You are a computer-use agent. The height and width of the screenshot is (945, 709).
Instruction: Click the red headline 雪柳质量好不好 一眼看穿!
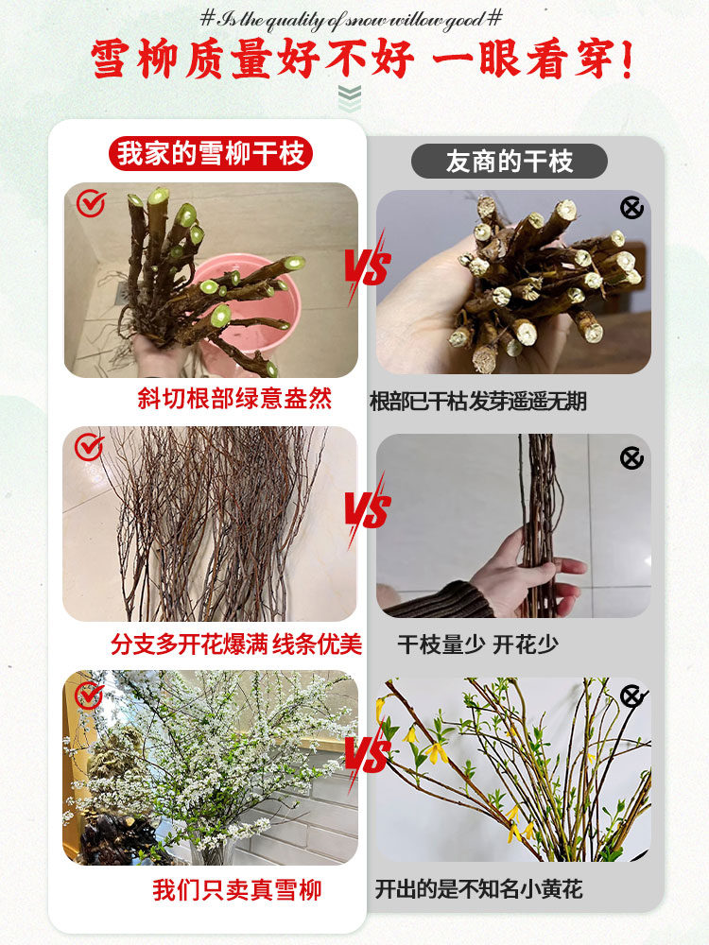click(362, 59)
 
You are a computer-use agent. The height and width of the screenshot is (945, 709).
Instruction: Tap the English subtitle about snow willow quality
click(351, 18)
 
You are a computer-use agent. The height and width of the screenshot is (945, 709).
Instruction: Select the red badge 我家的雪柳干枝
click(210, 153)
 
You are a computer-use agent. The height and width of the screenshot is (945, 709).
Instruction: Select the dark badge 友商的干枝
click(509, 162)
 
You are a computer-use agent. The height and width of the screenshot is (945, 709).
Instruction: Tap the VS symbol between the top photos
click(367, 267)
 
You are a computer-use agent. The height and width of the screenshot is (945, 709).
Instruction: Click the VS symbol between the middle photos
click(367, 511)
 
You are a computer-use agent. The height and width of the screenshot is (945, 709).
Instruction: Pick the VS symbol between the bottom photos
click(367, 755)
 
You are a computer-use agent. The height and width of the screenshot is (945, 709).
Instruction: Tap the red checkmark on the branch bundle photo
click(89, 446)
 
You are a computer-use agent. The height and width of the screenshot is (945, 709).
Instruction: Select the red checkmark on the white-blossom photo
click(89, 695)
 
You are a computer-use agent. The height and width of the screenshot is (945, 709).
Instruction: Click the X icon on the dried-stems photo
click(631, 207)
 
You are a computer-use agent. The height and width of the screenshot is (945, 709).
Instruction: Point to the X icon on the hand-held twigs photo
click(631, 458)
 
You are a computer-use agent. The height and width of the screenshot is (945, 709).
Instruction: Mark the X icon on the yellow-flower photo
click(632, 697)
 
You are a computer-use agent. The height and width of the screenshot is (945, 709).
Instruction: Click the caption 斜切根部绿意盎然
click(235, 399)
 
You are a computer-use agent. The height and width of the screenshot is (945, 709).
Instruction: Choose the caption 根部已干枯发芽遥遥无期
click(478, 402)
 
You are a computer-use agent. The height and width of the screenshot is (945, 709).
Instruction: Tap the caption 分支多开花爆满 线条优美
click(236, 644)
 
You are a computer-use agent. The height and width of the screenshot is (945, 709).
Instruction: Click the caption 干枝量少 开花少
click(477, 644)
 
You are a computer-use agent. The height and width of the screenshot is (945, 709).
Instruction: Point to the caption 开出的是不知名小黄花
click(478, 889)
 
